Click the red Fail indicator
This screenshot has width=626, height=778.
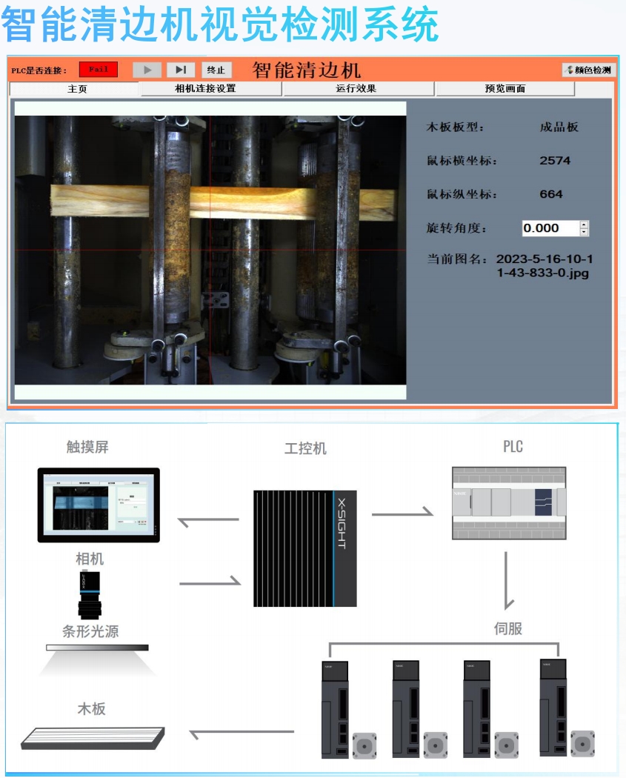[98, 70]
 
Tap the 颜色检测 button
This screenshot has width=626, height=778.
[588, 70]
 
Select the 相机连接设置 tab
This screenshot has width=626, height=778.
[210, 89]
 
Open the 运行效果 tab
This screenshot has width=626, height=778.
[359, 89]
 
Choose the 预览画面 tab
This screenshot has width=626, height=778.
[505, 89]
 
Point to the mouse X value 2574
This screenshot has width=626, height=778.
[555, 160]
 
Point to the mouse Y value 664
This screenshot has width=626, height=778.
[551, 194]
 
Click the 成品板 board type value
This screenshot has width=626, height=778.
[559, 127]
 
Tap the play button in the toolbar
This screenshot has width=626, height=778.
[147, 70]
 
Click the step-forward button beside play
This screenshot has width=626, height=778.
[181, 70]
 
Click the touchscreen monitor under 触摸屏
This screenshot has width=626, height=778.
[99, 505]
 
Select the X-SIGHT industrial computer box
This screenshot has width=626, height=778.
[304, 547]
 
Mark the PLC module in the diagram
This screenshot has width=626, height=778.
[508, 502]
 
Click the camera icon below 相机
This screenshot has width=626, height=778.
[89, 595]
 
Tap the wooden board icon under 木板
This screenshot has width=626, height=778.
[93, 736]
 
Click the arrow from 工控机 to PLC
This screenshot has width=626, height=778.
[402, 511]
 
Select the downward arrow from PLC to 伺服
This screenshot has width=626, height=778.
[508, 580]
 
